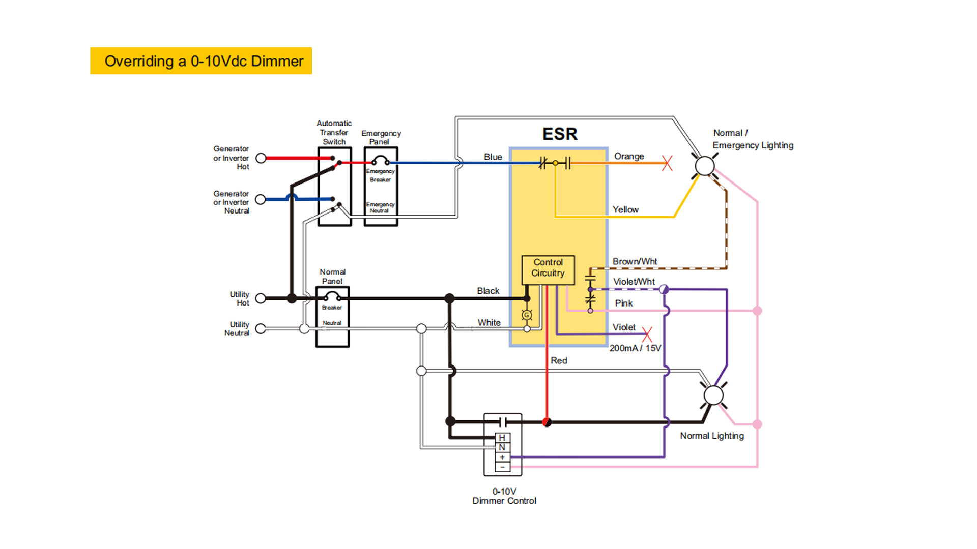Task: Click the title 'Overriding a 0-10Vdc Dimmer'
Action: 204,61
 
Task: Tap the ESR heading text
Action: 560,134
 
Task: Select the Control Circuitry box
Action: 548,268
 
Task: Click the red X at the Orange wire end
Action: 667,163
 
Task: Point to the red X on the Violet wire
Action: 647,334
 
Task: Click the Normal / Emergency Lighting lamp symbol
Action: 705,166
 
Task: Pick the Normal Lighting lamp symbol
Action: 713,395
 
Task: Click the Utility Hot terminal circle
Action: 261,298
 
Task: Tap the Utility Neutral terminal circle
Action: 261,329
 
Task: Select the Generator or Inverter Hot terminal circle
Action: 261,158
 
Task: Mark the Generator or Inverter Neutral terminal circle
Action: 261,199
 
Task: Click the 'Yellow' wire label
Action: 625,209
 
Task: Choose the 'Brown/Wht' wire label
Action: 635,261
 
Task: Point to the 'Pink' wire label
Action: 623,303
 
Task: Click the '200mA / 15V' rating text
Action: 635,348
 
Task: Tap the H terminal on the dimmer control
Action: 502,438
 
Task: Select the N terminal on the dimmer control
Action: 502,447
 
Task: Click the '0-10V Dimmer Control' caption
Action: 504,496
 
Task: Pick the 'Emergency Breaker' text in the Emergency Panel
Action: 380,175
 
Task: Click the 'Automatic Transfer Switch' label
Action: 334,132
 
